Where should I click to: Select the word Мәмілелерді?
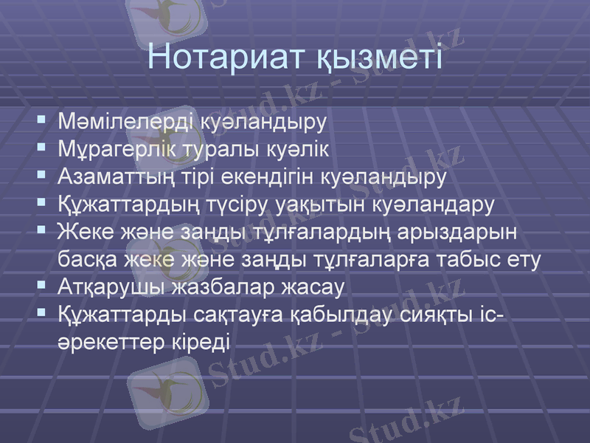click(x=125, y=120)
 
